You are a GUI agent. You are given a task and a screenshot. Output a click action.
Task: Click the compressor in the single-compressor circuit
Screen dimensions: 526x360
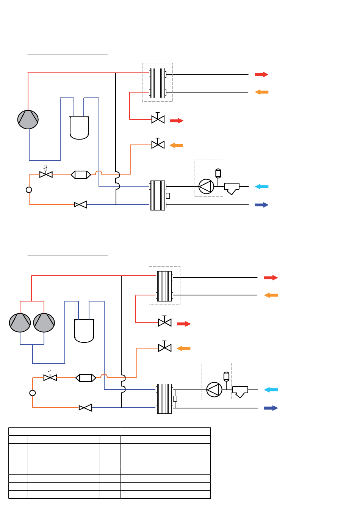tap(28, 119)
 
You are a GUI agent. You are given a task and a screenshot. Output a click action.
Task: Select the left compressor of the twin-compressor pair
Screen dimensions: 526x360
tap(20, 323)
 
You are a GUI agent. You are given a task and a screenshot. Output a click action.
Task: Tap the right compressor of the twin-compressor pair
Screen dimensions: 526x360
tap(44, 323)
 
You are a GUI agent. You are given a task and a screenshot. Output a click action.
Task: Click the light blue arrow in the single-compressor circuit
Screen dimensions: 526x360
tap(261, 187)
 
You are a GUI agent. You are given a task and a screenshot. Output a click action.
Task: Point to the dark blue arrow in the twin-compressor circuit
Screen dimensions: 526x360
tap(271, 408)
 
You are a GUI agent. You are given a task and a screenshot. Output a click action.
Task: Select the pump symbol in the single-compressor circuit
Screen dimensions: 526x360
tap(207, 187)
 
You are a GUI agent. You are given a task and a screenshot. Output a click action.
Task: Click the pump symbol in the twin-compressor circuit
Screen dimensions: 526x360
tap(214, 390)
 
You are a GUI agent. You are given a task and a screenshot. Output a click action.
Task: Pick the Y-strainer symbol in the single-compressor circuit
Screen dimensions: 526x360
tap(232, 188)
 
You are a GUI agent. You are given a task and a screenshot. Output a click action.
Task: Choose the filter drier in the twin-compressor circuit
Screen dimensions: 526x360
tap(86, 378)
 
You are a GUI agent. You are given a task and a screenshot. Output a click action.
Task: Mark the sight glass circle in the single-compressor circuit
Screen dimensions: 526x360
tap(29, 190)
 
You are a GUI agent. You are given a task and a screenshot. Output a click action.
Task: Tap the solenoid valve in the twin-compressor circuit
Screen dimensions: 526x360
tap(50, 377)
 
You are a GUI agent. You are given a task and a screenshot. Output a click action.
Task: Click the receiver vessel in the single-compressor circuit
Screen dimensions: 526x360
tap(79, 128)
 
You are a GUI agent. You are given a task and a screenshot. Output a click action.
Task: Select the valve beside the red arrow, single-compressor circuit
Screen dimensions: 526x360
tap(158, 119)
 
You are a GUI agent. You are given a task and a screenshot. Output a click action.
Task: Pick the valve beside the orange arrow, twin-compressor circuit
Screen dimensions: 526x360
tap(164, 348)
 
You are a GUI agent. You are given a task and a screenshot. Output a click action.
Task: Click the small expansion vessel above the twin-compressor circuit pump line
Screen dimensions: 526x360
tap(227, 377)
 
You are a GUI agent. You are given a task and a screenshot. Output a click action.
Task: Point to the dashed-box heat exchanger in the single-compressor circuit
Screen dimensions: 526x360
tap(158, 83)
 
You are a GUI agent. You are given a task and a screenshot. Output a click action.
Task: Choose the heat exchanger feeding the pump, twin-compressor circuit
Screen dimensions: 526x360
tap(164, 399)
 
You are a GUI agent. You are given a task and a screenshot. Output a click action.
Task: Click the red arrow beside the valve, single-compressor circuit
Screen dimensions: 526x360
tap(177, 121)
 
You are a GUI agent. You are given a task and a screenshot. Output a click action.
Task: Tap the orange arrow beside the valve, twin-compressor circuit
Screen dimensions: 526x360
tap(183, 349)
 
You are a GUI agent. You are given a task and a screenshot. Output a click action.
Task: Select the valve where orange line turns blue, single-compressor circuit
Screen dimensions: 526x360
tap(81, 205)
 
